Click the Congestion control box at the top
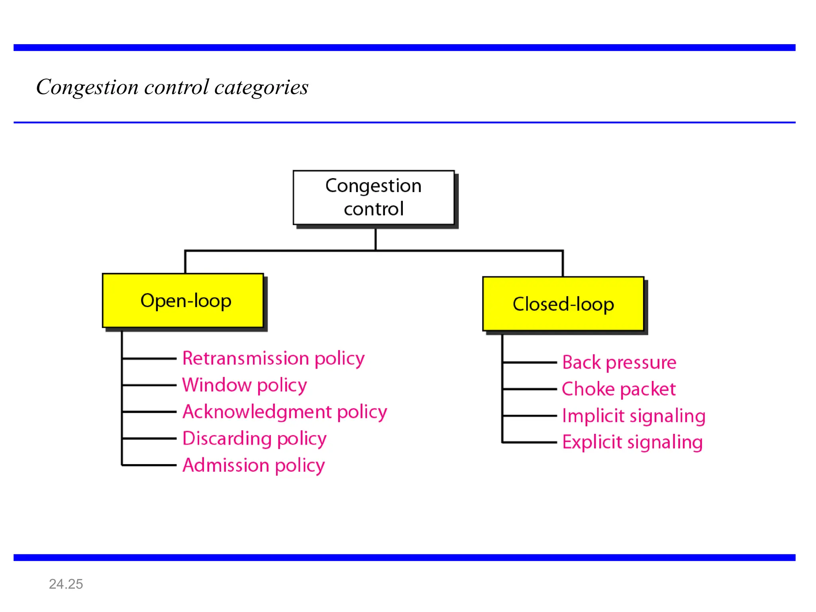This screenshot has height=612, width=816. tap(373, 198)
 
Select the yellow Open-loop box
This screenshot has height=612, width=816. tap(183, 300)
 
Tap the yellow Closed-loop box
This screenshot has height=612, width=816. tap(563, 304)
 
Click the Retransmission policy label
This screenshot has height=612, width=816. tap(273, 358)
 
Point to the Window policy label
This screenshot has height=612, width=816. tap(244, 385)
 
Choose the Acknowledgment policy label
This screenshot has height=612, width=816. tap(284, 412)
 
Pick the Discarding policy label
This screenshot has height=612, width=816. tap(254, 438)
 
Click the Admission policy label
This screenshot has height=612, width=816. tap(253, 465)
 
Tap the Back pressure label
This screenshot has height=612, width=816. tap(619, 363)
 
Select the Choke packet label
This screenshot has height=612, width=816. tap(618, 389)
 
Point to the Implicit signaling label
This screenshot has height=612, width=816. tap(634, 416)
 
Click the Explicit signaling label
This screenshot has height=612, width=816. tap(632, 442)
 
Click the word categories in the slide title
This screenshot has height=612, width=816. tap(261, 87)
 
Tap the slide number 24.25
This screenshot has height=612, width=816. tap(66, 584)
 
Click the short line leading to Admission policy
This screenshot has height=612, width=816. tap(149, 465)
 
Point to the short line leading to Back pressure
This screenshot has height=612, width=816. tap(530, 363)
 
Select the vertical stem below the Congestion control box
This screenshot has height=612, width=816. tap(375, 239)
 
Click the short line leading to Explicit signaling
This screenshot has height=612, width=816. tap(530, 442)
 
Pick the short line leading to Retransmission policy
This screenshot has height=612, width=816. tap(149, 359)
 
